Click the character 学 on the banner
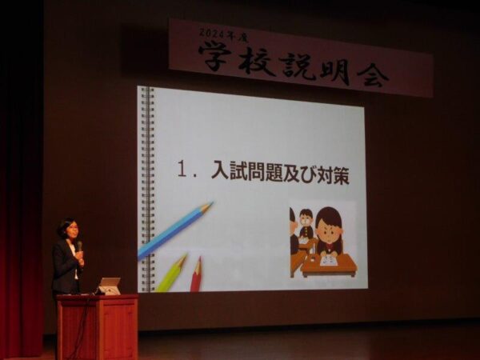point(215,56)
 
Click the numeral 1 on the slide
point(182,170)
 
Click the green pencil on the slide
point(172,273)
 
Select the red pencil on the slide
point(196,274)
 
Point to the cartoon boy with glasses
point(306,223)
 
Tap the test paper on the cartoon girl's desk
point(330,261)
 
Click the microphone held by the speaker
point(79,246)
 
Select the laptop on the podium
point(108,286)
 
